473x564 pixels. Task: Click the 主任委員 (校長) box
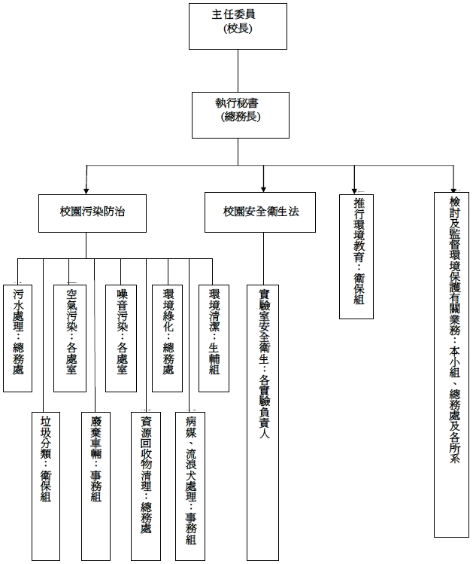238,26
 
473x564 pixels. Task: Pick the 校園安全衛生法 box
261,212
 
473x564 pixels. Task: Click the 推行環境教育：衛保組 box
356,256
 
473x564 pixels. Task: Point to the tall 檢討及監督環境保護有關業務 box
453,364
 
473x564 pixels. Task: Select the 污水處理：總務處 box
18,337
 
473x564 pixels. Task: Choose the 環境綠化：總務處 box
168,337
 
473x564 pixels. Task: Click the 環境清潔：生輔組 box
214,337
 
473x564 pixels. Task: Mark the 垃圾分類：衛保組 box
45,486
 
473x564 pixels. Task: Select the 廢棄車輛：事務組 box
96,486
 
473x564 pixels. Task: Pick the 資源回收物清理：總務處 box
146,486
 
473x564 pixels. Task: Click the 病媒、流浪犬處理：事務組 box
190,486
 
